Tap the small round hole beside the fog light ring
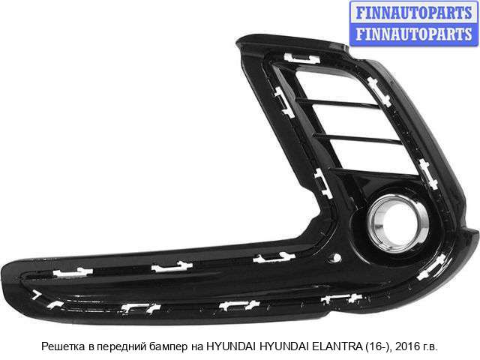[x=336, y=258]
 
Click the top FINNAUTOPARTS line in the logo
[x=414, y=13]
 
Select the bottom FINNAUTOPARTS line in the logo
[x=414, y=34]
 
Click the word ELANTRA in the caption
[x=337, y=346]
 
